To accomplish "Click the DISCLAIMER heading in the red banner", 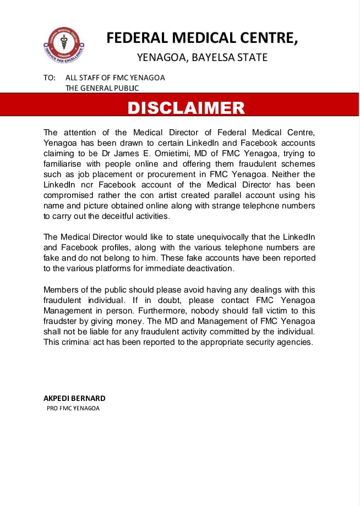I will (x=186, y=108).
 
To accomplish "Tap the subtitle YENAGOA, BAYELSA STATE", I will (x=202, y=57).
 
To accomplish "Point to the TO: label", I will (x=49, y=78).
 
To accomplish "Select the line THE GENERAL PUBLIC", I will (x=102, y=88).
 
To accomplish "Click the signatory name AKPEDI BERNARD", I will (x=74, y=398).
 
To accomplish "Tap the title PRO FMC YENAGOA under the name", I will (x=73, y=409).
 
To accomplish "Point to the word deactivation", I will (x=209, y=268).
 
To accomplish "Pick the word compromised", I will (x=68, y=195).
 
